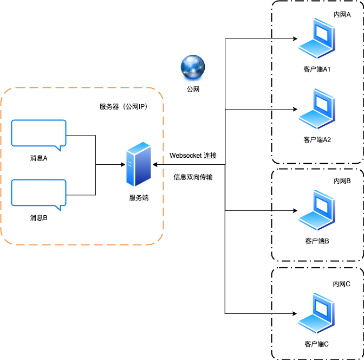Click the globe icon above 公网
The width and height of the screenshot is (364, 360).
point(193,68)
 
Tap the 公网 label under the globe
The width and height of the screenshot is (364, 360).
point(193,89)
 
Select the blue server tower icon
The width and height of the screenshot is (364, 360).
point(138,164)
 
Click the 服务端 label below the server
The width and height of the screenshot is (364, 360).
point(139,198)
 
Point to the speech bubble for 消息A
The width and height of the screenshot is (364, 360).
point(38,134)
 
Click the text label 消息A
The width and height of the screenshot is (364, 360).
point(39,158)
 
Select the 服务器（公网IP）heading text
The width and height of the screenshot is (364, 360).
point(123,106)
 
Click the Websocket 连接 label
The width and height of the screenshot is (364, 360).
point(193,156)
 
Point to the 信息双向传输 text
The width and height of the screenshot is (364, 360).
point(193,177)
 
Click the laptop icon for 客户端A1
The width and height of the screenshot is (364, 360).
point(317,40)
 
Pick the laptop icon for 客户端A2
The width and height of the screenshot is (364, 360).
point(317,108)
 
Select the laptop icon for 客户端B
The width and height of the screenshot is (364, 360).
point(317,210)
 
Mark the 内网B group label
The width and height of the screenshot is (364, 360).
point(342,181)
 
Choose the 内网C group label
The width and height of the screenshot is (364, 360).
point(342,284)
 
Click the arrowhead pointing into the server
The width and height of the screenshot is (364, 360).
point(155,164)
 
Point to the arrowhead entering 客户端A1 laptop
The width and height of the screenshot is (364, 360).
point(295,39)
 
